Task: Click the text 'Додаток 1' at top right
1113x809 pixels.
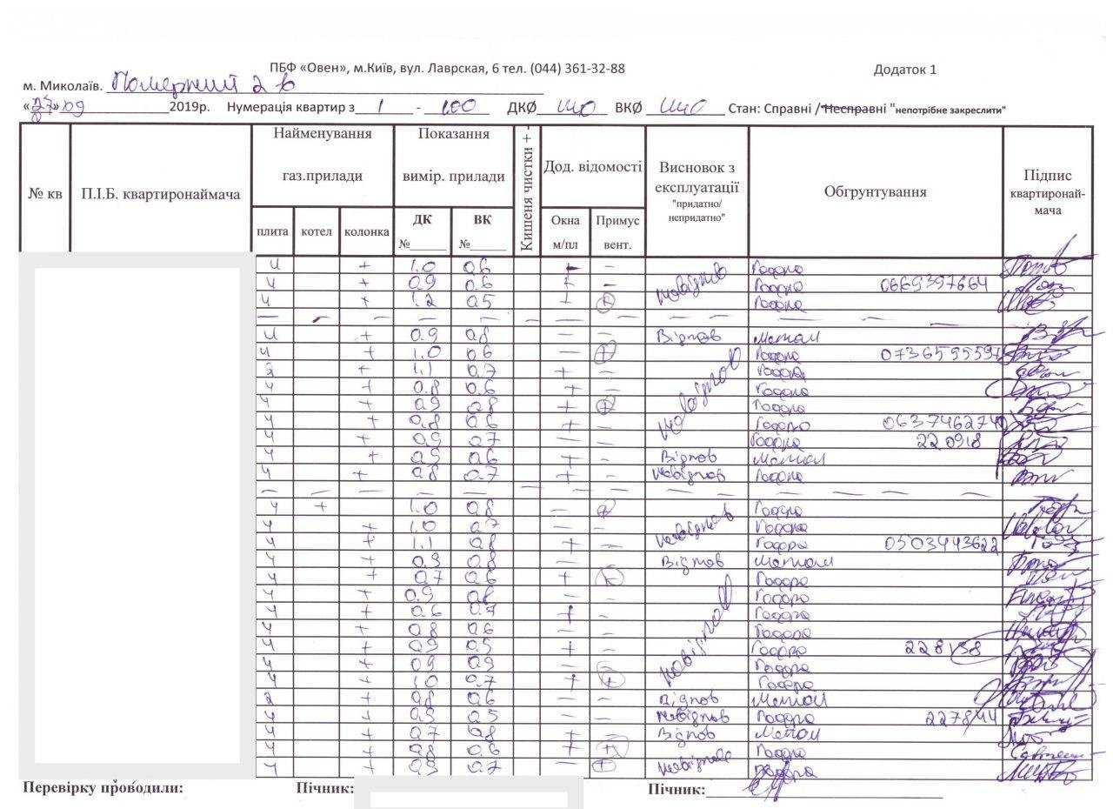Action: tap(905, 70)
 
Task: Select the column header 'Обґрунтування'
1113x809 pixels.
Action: tap(875, 192)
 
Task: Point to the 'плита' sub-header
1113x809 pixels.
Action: tap(273, 232)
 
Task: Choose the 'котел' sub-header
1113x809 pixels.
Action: tap(316, 232)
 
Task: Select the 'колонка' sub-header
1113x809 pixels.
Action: tap(367, 232)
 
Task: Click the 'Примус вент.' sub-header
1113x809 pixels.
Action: tap(617, 232)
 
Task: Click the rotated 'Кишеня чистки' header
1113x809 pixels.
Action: tap(527, 190)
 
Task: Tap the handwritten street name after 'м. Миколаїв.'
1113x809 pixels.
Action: tap(192, 85)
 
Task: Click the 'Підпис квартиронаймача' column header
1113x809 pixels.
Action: tap(1048, 192)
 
